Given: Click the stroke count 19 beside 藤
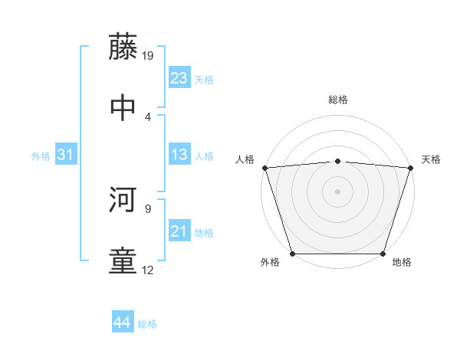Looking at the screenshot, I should [x=149, y=55].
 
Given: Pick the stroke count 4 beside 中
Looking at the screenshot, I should [x=148, y=116].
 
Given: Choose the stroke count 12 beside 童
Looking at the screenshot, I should [x=148, y=270].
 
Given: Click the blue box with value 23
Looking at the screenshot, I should [x=179, y=78].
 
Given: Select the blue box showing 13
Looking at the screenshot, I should [x=179, y=155].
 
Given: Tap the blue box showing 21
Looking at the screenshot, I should [x=179, y=231].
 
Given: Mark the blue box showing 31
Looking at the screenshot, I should [x=66, y=155].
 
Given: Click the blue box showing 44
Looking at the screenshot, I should [x=123, y=322].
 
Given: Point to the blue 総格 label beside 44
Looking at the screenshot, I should [x=147, y=324].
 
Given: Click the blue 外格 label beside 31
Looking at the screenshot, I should [x=41, y=155].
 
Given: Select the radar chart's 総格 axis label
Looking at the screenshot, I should [x=338, y=100].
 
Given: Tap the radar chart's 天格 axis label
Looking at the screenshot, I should [x=431, y=159].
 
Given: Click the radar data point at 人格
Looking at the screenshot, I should [x=264, y=168].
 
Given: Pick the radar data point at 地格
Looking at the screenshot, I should [x=383, y=254].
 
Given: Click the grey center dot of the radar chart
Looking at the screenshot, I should [x=338, y=191].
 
